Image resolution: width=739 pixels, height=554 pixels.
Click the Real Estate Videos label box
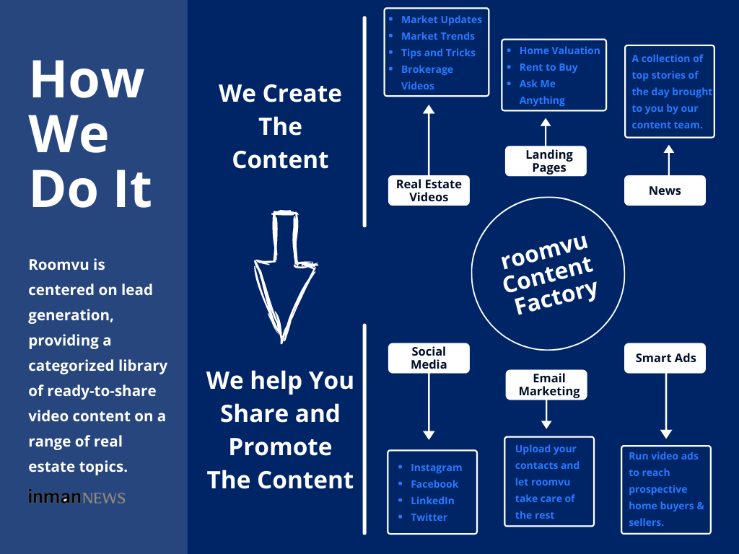[x=429, y=190]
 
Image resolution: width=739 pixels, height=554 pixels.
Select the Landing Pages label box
[x=546, y=161]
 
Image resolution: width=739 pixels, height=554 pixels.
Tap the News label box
[x=665, y=190]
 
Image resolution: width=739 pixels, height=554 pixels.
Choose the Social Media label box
[x=429, y=358]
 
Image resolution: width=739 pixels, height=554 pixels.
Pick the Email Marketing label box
[x=546, y=384]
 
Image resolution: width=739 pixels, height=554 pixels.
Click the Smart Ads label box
[x=665, y=358]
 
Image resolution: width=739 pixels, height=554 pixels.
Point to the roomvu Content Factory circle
[x=547, y=274]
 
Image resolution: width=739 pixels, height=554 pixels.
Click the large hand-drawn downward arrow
[x=284, y=274]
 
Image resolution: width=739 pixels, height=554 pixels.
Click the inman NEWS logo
[x=76, y=497]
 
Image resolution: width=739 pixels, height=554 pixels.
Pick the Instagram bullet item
[x=436, y=467]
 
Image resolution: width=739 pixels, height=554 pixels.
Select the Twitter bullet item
[x=429, y=517]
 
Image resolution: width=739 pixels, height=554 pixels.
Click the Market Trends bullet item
[x=437, y=36]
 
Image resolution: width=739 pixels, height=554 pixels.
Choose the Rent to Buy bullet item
[x=548, y=67]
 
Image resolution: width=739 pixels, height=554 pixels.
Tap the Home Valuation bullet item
[x=559, y=50]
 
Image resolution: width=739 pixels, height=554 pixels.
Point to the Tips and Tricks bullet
[x=438, y=53]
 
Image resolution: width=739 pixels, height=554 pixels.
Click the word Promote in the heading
[x=280, y=447]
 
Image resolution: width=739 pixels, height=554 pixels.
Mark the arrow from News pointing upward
[x=668, y=159]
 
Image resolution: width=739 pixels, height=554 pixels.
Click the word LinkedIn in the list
[x=432, y=501]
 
